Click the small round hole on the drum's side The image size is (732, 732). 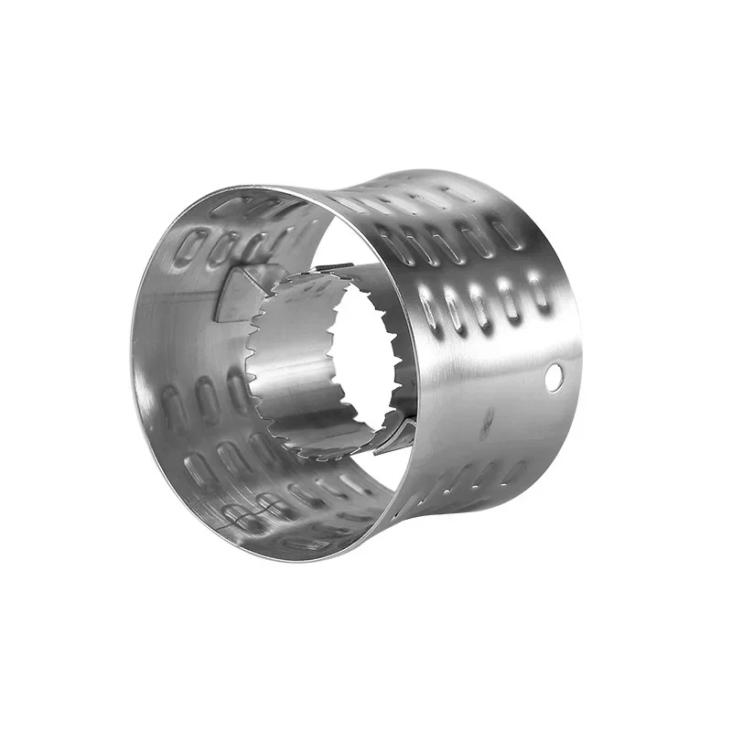click(552, 375)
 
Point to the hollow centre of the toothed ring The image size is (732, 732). click(366, 357)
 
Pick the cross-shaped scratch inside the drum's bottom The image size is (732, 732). click(240, 518)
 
